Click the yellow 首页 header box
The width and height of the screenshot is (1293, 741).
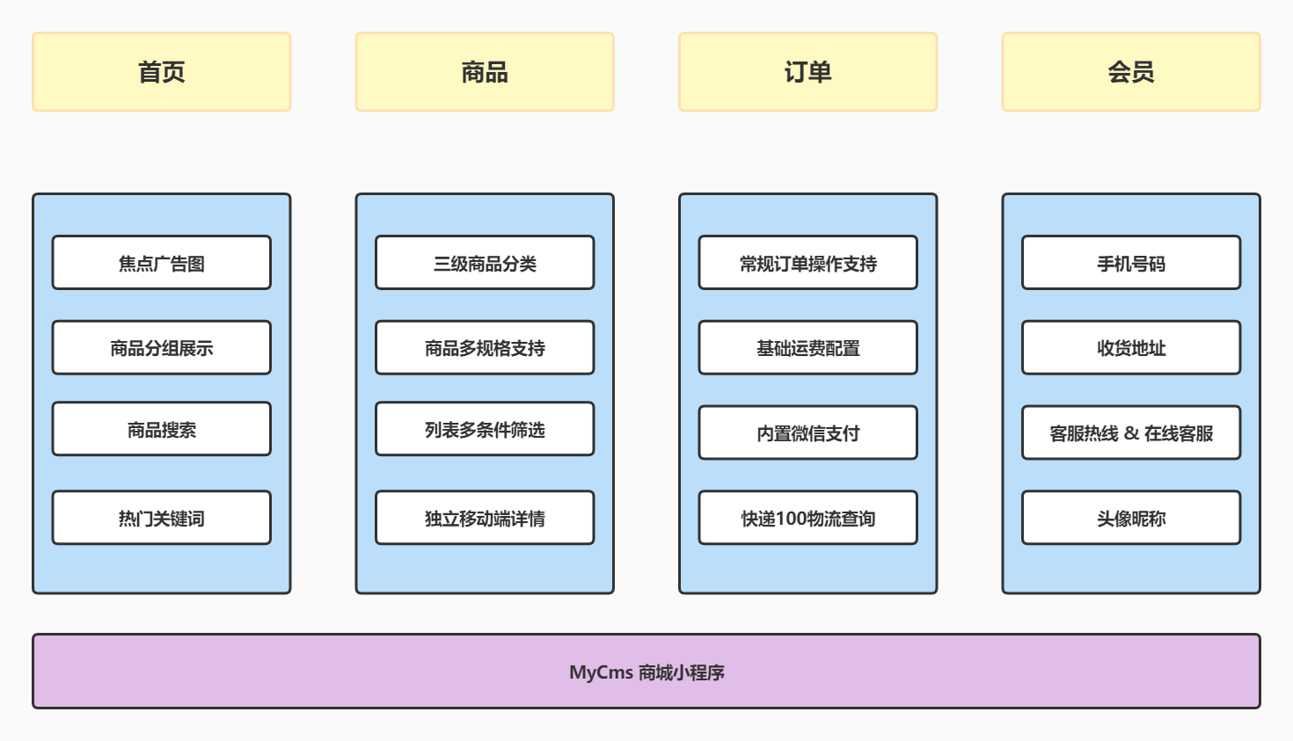click(x=161, y=72)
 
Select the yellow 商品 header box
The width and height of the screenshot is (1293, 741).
click(x=485, y=72)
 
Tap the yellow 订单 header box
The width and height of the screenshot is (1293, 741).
click(x=807, y=72)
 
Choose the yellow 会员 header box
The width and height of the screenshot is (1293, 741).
click(x=1131, y=72)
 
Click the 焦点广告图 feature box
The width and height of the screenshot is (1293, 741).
click(x=161, y=263)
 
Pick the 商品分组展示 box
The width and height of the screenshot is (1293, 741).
click(x=161, y=348)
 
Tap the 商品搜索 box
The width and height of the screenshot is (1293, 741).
click(x=161, y=430)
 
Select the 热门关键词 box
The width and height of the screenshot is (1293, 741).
click(x=161, y=519)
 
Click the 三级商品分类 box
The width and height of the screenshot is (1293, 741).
click(x=485, y=263)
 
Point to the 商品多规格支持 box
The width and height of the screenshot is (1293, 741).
click(x=485, y=348)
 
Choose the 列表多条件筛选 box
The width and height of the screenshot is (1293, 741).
click(x=485, y=430)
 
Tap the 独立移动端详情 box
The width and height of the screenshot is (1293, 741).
click(x=485, y=519)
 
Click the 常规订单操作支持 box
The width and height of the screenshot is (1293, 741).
click(x=807, y=263)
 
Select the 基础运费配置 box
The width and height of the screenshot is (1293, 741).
click(x=807, y=348)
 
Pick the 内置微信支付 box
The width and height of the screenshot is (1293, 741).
click(x=807, y=433)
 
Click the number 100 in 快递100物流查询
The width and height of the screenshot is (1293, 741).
click(x=793, y=519)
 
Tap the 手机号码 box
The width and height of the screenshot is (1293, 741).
click(x=1131, y=263)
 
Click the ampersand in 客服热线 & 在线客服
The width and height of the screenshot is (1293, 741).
click(x=1131, y=433)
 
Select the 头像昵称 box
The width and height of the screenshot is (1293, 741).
click(x=1131, y=519)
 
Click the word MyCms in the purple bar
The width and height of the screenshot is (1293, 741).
click(x=601, y=672)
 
